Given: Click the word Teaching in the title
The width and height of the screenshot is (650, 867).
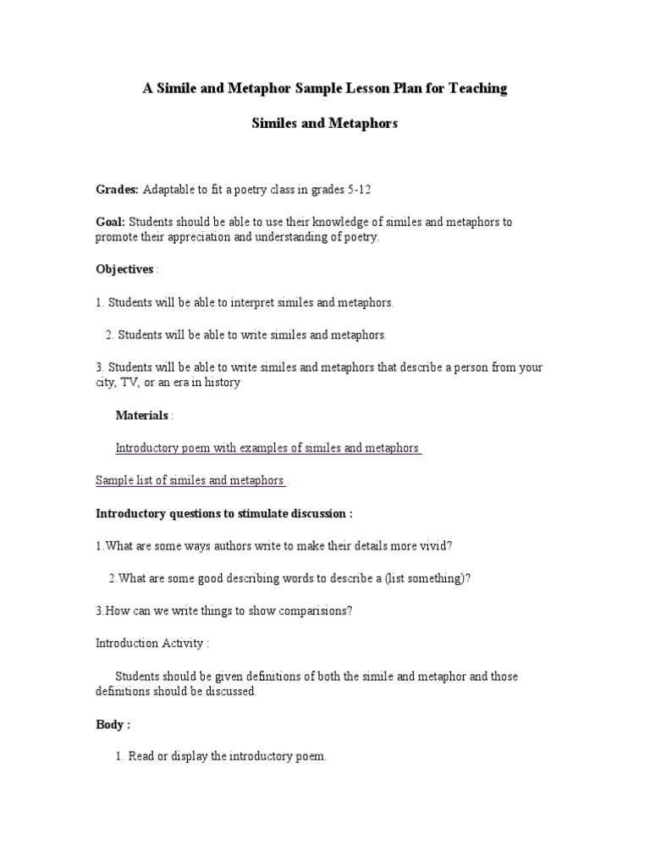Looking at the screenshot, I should coord(476,89).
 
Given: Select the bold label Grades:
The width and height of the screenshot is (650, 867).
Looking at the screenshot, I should coord(118,189).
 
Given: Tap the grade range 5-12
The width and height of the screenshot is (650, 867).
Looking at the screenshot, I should coord(359,189).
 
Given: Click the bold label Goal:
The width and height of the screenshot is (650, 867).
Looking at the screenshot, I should coord(111,222).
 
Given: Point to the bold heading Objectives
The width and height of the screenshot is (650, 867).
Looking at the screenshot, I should coord(124,269).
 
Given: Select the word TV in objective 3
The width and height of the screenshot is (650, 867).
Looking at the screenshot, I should coord(135,383).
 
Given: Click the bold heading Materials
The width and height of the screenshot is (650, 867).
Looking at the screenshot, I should coord(141,415).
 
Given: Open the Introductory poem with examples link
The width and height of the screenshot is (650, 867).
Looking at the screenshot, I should coord(267,448).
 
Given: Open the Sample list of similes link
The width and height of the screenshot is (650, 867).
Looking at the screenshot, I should coord(190,481).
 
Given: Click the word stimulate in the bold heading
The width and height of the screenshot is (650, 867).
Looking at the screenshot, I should coord(244,513).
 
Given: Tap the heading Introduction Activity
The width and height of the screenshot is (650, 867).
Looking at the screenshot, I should coord(151,643).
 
